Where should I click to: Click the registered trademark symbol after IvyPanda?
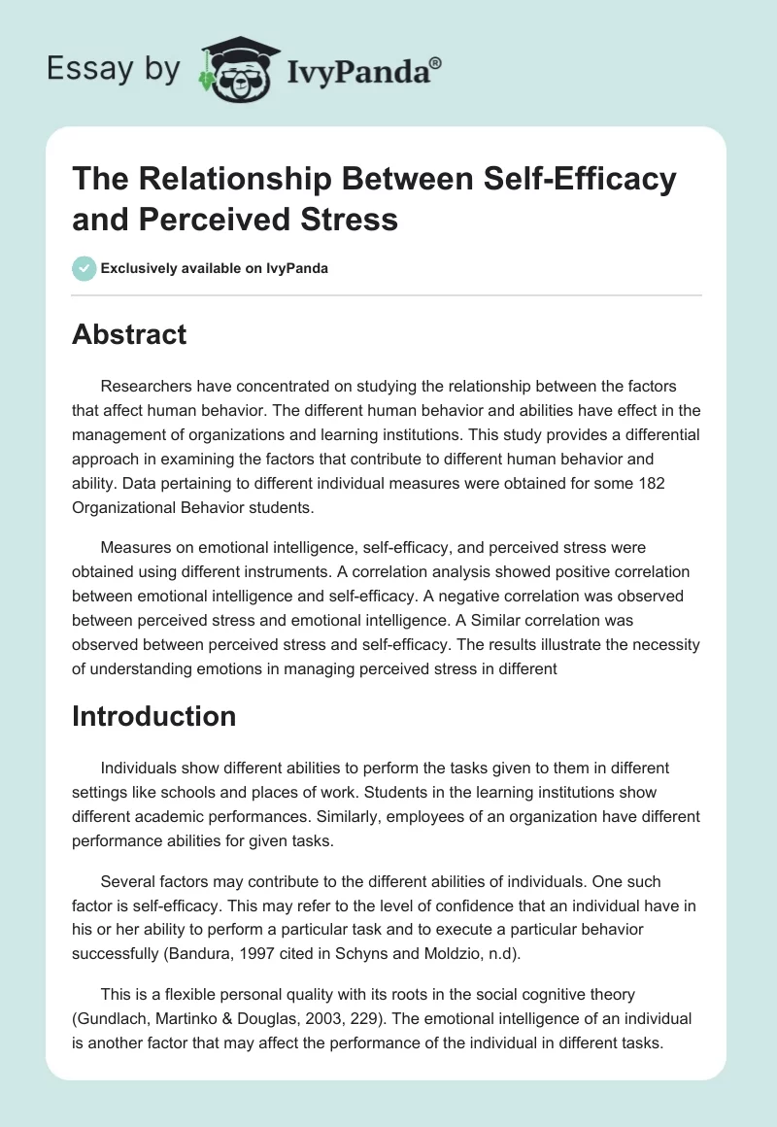[436, 63]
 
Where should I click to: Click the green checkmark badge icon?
[85, 268]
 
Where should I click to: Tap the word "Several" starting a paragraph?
[128, 881]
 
